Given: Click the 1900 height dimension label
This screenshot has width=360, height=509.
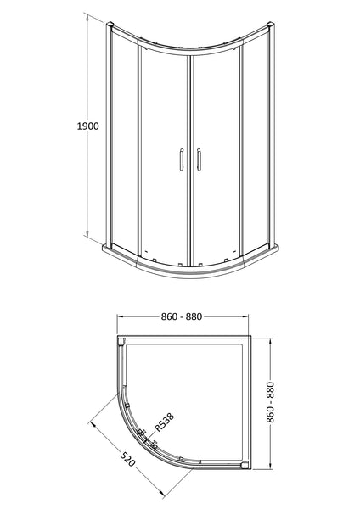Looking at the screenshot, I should [x=87, y=126].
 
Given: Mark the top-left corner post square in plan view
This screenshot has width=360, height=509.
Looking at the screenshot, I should [x=121, y=343].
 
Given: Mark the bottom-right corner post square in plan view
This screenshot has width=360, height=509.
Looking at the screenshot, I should [x=246, y=465].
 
